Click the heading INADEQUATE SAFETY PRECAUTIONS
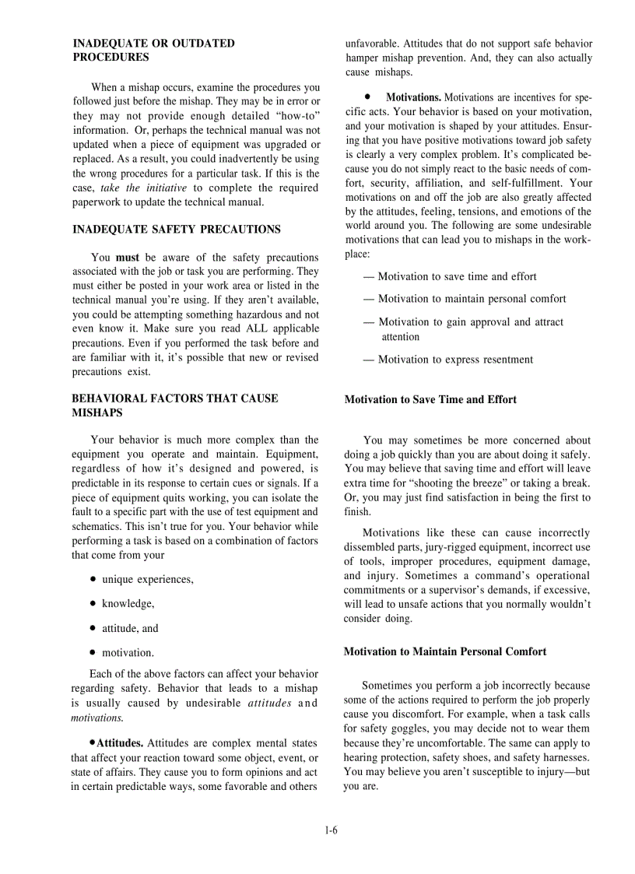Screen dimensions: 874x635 point(177,230)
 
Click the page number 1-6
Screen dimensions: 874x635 point(331,830)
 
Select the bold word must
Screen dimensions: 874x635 point(127,258)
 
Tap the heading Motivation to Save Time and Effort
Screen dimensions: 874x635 point(430,399)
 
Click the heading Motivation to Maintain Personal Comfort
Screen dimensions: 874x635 point(445,651)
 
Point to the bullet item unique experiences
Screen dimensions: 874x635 point(147,579)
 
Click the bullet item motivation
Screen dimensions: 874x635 point(128,652)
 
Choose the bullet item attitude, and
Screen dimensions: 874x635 point(129,628)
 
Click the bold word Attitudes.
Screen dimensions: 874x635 point(119,743)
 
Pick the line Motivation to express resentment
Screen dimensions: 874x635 point(455,360)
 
